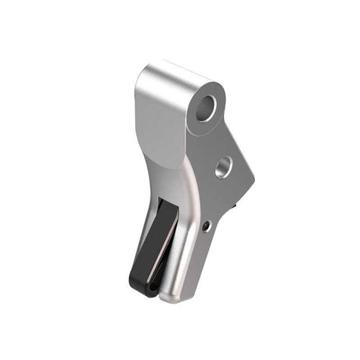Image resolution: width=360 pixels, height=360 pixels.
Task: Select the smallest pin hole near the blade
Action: pos(207,225)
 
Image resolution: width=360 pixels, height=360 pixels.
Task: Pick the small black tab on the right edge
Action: pos(236,207)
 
